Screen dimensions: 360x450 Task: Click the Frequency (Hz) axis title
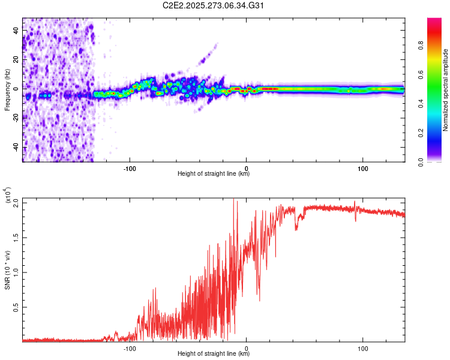(7, 89)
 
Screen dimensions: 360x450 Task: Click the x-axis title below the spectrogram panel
(214, 174)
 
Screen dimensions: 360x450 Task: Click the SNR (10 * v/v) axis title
(7, 269)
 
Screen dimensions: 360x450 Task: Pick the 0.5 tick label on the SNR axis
(16, 307)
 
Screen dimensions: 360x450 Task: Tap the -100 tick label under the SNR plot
(130, 347)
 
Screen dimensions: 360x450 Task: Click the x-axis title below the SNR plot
(214, 354)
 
